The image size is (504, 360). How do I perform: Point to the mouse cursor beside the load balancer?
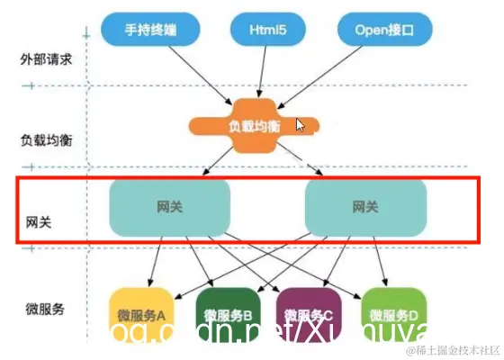[301, 125]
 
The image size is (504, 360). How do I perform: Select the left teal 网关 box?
[168, 207]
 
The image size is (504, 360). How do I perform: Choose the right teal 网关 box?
[364, 207]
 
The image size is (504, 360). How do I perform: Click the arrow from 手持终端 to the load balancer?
[193, 74]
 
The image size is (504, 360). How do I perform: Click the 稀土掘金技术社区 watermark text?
[455, 348]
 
